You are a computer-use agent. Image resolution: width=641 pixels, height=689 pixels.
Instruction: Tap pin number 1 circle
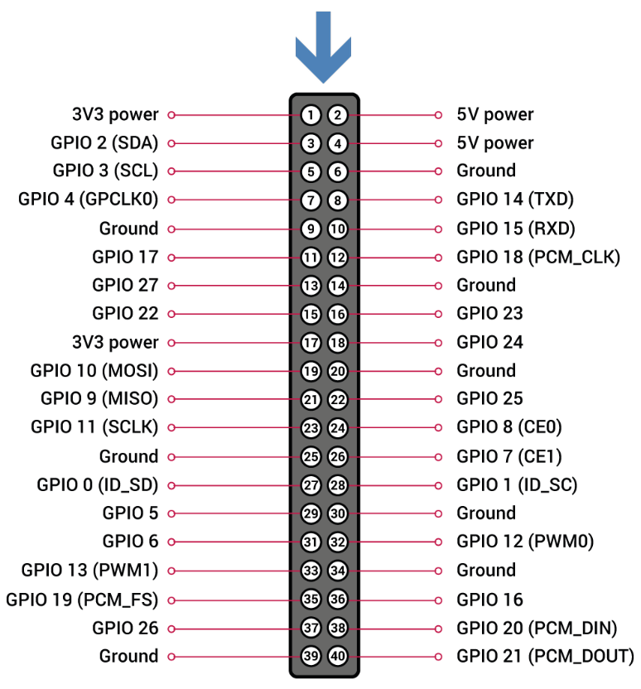tap(311, 114)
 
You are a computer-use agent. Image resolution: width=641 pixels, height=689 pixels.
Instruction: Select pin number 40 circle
tap(337, 656)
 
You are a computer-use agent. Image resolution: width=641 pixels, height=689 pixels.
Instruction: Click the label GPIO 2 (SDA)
tap(104, 142)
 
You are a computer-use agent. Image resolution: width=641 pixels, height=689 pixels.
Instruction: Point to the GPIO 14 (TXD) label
tap(515, 200)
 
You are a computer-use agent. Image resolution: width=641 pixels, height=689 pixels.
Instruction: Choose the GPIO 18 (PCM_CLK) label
tap(538, 257)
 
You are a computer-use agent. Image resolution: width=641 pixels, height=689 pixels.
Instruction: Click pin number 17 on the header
tap(311, 342)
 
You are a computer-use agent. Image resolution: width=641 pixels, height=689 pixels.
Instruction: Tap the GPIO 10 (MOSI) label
tap(94, 370)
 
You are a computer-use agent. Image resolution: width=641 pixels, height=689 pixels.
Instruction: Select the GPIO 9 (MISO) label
tap(99, 398)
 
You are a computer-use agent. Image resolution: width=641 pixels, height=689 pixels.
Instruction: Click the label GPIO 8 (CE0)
tap(509, 427)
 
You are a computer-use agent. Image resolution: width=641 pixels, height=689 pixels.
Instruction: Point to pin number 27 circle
tap(311, 484)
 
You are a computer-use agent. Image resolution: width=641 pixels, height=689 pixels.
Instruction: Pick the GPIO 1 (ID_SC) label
tap(517, 484)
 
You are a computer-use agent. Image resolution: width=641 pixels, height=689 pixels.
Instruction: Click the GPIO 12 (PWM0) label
tap(525, 542)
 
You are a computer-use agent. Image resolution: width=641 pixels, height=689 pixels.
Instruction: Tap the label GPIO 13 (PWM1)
tap(90, 570)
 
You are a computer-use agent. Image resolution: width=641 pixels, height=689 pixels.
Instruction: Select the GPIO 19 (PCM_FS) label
tap(82, 599)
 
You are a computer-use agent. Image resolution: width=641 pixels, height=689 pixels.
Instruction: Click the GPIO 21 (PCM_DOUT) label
tap(545, 656)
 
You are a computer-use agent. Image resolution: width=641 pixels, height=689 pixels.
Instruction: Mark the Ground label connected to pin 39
tap(128, 656)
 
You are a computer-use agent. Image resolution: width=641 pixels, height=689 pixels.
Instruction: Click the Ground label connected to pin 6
tap(486, 171)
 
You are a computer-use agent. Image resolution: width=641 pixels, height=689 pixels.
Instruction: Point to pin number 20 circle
tap(337, 370)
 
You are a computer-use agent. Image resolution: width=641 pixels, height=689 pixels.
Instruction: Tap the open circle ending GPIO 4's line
tap(171, 200)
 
